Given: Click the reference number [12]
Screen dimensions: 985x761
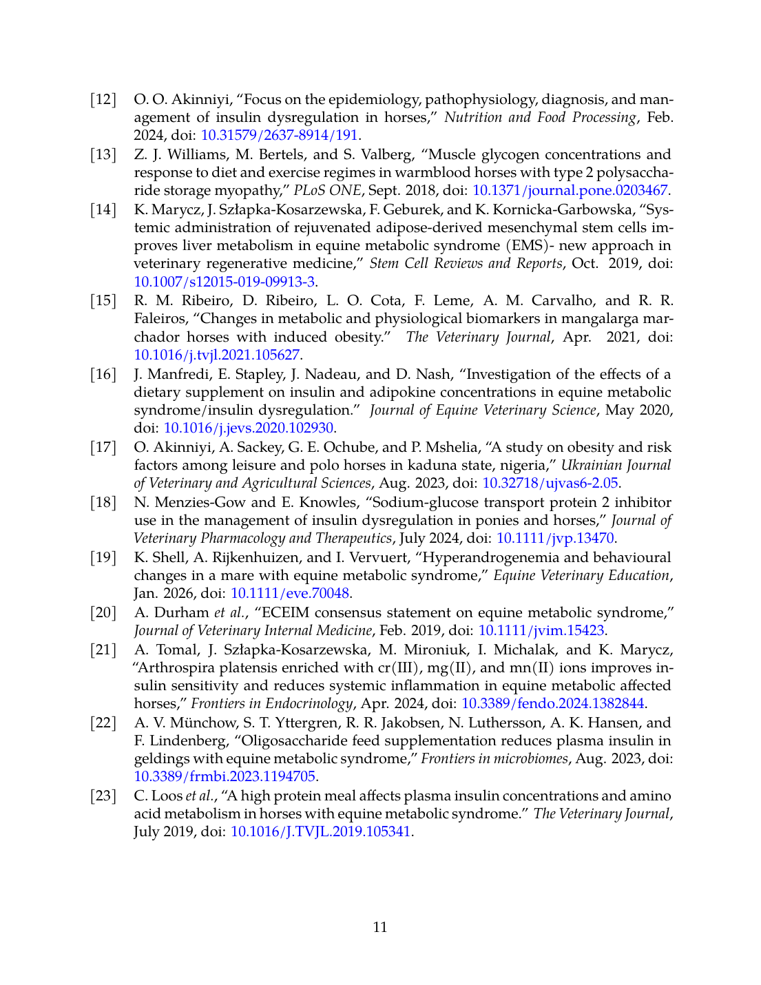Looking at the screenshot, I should coord(103,99).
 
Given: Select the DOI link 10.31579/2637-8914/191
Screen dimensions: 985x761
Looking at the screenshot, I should coord(279,135).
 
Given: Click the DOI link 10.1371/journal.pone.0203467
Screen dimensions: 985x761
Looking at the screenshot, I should coord(570,190).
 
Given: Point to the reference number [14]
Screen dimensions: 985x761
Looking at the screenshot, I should coord(103,209).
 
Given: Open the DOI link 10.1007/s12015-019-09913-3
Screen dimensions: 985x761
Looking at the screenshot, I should coord(225,281).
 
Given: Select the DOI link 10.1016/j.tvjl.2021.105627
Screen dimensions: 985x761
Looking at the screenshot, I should coord(217,355).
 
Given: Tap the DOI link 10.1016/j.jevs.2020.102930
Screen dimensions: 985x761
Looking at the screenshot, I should coord(248,428).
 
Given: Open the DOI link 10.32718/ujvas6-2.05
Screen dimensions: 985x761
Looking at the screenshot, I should coord(550,483).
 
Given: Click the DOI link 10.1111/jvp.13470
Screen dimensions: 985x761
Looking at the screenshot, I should coord(555,538).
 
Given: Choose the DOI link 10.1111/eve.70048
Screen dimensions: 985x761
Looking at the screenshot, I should coord(290,593).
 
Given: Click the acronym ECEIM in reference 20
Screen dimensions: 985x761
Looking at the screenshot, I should coord(292,612).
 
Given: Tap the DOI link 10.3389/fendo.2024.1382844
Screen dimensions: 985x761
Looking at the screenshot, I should coord(552,703).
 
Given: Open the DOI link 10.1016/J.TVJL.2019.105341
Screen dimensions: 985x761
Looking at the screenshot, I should coord(320,831).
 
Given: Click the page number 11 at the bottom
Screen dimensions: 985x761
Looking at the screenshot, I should coord(380,927).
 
